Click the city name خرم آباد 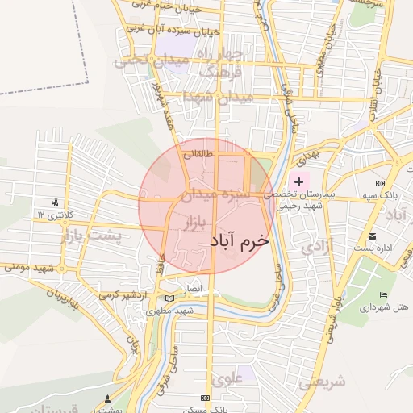click(x=239, y=240)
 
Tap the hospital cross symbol click(x=299, y=182)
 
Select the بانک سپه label click(x=385, y=196)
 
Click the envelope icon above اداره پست click(x=372, y=236)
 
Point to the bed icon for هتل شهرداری click(x=384, y=295)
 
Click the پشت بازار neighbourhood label click(x=89, y=236)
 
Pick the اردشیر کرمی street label click(x=125, y=295)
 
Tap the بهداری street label click(x=308, y=152)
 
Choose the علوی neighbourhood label click(x=227, y=378)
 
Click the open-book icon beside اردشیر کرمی click(x=169, y=298)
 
